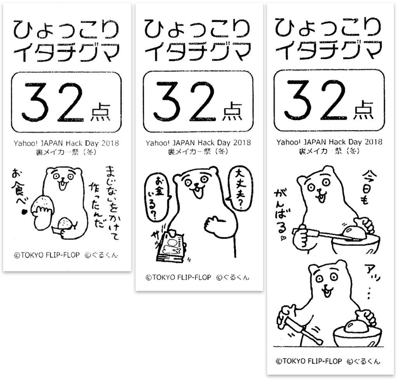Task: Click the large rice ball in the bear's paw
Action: [x=42, y=205]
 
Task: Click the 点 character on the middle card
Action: [x=232, y=111]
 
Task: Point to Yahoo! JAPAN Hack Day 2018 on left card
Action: [x=66, y=143]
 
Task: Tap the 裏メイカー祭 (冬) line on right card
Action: [x=329, y=151]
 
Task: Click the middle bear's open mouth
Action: [x=197, y=193]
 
